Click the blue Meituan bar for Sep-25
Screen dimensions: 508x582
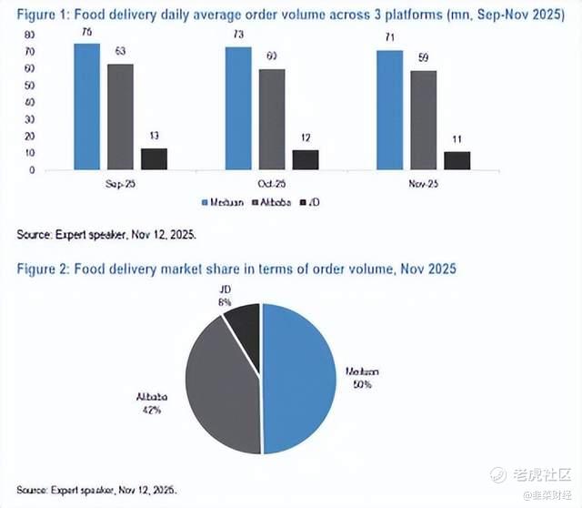[x=86, y=107]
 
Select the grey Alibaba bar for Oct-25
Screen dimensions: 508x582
[x=272, y=119]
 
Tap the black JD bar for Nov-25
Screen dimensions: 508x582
[x=457, y=160]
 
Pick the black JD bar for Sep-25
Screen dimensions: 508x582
[x=154, y=158]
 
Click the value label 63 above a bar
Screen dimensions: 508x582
[x=120, y=52]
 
